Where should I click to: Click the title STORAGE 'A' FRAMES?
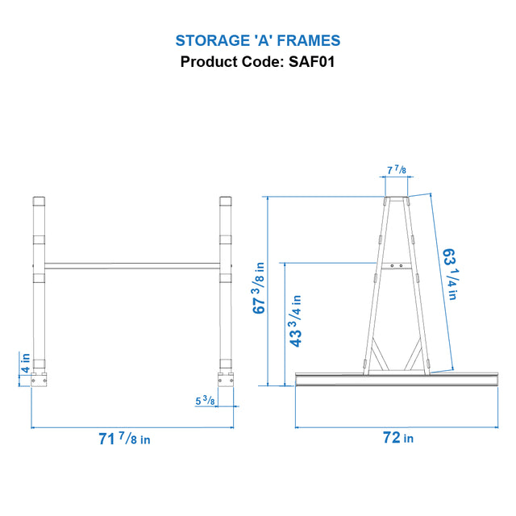tap(258, 41)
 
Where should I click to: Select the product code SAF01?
tap(312, 62)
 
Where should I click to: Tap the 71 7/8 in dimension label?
tap(124, 439)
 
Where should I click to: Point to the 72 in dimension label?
tap(398, 438)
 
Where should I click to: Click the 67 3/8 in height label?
tap(259, 288)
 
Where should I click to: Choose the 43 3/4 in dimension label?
tap(296, 321)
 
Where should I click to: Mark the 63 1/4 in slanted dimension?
tap(451, 274)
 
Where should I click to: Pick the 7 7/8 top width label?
tap(397, 170)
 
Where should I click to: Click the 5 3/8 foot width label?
tap(205, 401)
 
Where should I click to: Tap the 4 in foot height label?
tap(25, 363)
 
